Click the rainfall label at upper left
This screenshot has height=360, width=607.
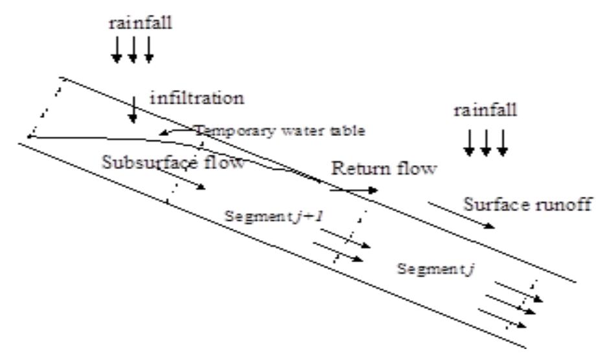pos(140,23)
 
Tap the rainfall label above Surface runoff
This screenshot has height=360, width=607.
pos(485,111)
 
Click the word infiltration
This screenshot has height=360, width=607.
pos(197,98)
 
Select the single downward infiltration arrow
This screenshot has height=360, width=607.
pos(133,110)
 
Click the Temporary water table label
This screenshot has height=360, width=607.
pos(279,131)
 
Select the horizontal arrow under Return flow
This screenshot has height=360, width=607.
pos(354,190)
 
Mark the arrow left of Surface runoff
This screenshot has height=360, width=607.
pos(461,215)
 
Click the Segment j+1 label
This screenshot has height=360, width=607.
pos(273,216)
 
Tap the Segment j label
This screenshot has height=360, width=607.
pos(435,269)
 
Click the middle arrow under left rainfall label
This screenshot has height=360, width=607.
pos(133,50)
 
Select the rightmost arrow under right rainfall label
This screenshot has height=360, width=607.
pos(502,143)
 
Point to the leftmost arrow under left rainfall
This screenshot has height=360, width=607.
pos(117,50)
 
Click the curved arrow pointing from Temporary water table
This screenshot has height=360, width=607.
pos(176,131)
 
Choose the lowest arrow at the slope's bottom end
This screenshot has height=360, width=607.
pos(502,318)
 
